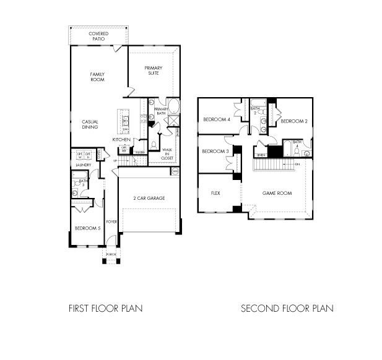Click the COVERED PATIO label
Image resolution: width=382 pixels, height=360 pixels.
98,36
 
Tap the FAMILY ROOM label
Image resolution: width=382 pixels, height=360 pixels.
97,77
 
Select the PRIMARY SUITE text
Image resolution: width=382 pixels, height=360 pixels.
153,71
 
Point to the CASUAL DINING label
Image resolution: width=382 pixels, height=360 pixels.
91,124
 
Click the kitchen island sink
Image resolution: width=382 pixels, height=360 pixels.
124,121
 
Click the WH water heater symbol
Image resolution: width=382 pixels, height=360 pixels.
175,171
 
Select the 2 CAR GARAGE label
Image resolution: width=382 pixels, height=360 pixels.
149,198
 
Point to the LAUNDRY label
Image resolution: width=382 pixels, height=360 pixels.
83,165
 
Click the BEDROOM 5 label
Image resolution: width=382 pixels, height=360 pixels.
87,228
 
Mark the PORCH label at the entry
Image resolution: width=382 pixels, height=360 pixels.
111,254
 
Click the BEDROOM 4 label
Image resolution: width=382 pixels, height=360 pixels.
217,119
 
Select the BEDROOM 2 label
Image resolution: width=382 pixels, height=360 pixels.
293,121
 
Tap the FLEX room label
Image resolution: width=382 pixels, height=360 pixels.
215,193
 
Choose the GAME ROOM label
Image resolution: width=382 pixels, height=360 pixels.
276,193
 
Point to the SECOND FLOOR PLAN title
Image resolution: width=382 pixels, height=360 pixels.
287,307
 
